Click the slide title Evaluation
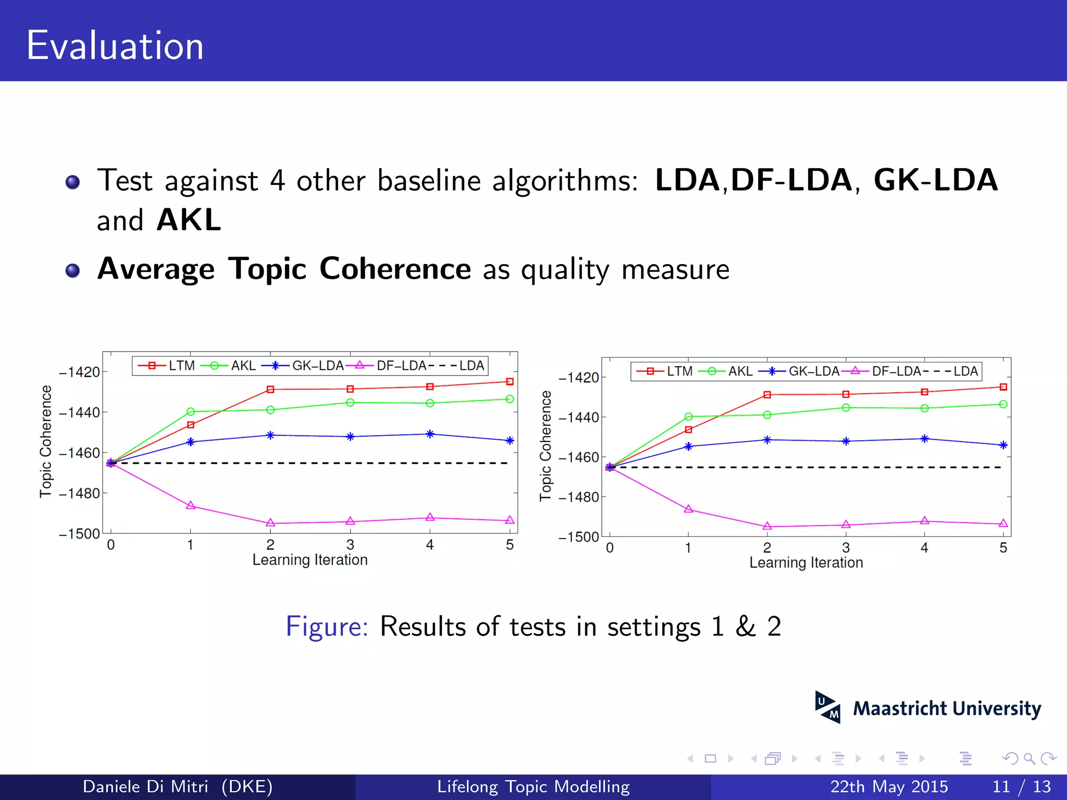tap(115, 46)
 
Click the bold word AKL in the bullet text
tap(189, 220)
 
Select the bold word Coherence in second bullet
tap(395, 269)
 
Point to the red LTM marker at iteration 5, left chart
tap(510, 382)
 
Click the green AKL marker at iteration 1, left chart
tap(191, 411)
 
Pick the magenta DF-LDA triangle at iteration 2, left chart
tap(270, 522)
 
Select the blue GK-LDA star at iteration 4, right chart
tap(924, 439)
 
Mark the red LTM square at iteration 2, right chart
tap(767, 395)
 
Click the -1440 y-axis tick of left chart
tap(79, 413)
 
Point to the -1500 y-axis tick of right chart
tap(578, 537)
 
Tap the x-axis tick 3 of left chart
tap(350, 545)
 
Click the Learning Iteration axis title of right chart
tap(806, 562)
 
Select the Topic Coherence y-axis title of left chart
tap(46, 441)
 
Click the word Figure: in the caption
tap(327, 626)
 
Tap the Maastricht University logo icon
tap(827, 707)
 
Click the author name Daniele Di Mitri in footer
tap(145, 786)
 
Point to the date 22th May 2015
tap(889, 786)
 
